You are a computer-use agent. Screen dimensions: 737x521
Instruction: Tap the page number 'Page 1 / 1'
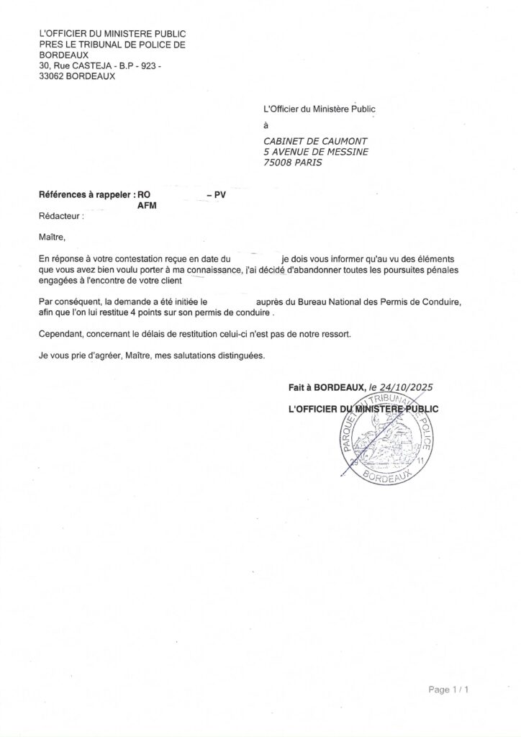tap(449, 689)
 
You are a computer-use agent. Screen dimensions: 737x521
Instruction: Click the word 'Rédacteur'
tap(60, 215)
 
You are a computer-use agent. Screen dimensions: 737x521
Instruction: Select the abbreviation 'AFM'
tap(147, 205)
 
